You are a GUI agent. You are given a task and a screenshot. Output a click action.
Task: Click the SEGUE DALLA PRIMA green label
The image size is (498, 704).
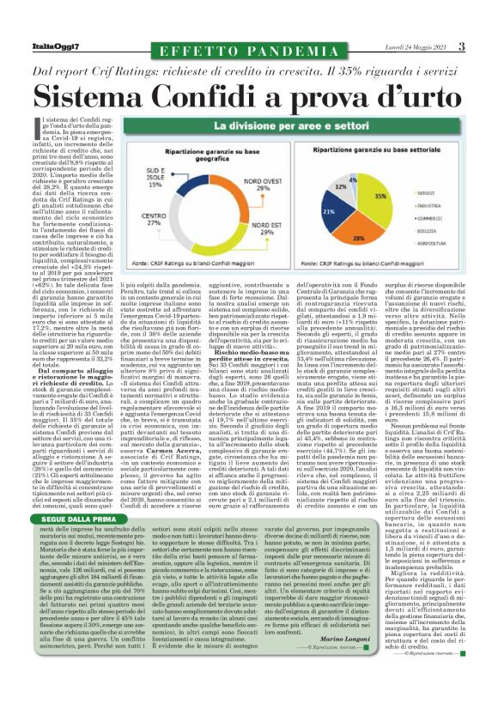coord(72,495)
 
